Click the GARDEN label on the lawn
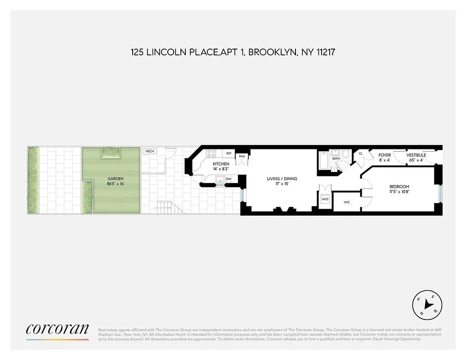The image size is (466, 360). [115, 179]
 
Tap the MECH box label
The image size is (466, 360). [149, 152]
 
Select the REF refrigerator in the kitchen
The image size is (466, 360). [229, 153]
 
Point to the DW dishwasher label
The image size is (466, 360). [229, 179]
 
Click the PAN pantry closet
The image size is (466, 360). [242, 157]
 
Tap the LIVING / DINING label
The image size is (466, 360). [282, 179]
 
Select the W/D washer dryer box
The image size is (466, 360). [325, 199]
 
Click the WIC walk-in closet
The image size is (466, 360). [346, 202]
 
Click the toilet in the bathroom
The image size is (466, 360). [345, 155]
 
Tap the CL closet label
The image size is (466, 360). [360, 154]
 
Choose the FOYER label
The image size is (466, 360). [385, 155]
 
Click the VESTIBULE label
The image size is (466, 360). [416, 155]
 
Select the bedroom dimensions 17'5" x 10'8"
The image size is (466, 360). [399, 192]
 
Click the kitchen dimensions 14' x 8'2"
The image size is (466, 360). [221, 169]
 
